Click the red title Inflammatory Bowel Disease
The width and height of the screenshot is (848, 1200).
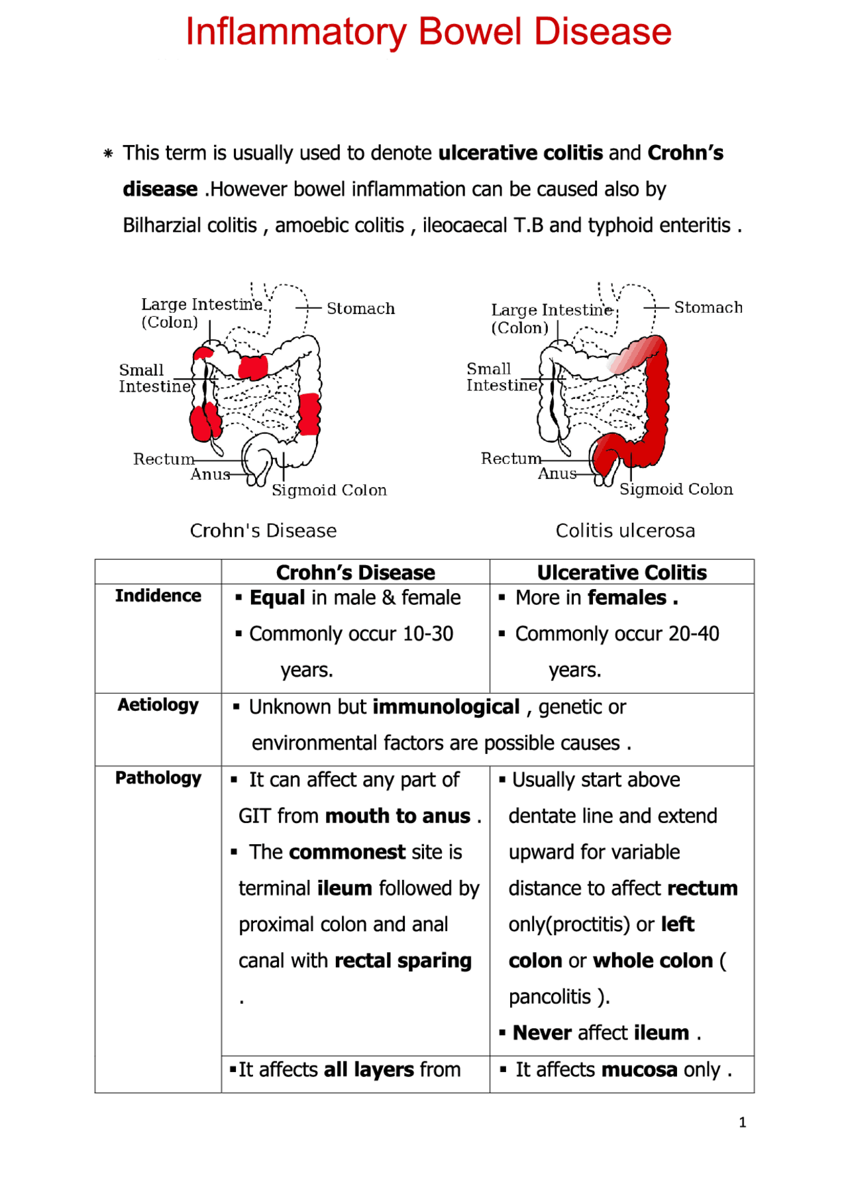point(428,32)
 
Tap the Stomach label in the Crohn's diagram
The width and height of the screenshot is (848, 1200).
point(360,309)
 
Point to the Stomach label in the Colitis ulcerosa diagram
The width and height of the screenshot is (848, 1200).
point(708,307)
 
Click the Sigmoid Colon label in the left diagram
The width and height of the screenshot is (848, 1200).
point(329,490)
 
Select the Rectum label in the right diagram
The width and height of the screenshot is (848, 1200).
point(511,459)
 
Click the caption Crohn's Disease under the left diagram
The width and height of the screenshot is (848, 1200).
point(263,531)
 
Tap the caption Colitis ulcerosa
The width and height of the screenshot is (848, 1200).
point(625,531)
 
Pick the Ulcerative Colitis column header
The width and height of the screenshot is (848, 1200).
point(621,573)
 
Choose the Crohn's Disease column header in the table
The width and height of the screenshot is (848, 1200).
point(355,573)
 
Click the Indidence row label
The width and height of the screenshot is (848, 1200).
point(158,596)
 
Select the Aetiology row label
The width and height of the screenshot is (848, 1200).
point(158,705)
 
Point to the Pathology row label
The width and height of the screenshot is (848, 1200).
point(158,778)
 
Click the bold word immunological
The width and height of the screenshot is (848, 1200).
point(446,707)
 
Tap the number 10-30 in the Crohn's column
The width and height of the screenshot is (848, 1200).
point(427,634)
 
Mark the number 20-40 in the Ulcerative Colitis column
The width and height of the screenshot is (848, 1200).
point(694,634)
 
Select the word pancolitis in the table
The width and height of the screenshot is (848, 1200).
point(549,997)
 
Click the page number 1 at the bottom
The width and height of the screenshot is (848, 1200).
point(742,1122)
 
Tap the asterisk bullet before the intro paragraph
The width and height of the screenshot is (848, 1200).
point(108,154)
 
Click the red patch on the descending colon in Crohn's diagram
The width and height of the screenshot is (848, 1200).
point(309,414)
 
